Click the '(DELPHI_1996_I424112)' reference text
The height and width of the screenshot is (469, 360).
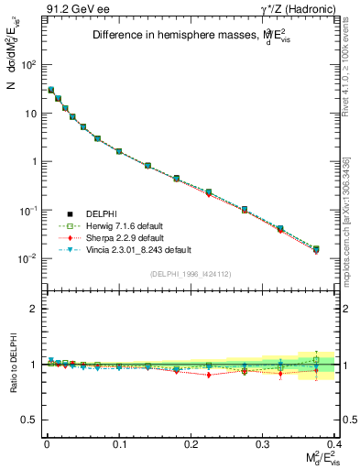pos(190,274)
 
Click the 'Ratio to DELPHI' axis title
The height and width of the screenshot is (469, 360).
pos(12,365)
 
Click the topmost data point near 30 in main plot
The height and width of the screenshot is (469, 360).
pos(51,90)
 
